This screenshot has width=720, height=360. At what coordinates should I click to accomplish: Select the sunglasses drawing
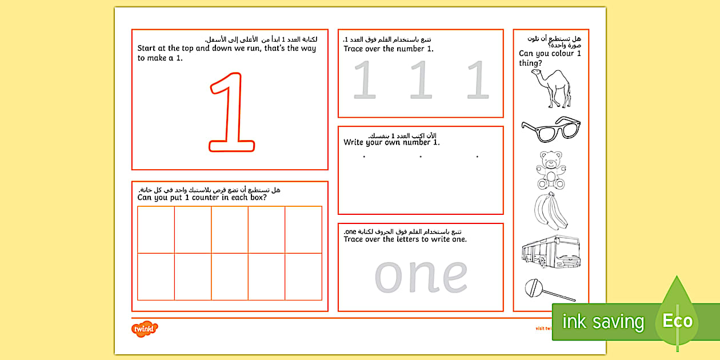(550, 129)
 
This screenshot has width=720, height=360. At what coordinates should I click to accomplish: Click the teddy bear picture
(550, 170)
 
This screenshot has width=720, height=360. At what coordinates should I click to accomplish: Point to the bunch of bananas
(550, 211)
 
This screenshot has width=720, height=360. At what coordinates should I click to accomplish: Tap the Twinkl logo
(145, 329)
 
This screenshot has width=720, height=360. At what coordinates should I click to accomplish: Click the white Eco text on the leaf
(677, 321)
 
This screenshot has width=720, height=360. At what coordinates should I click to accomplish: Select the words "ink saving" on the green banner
(603, 322)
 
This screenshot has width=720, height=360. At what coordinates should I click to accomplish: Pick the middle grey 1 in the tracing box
(421, 81)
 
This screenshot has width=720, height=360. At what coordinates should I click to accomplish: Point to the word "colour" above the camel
(559, 54)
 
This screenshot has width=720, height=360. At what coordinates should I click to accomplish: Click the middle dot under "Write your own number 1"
(421, 157)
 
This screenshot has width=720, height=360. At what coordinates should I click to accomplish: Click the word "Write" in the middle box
(355, 142)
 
